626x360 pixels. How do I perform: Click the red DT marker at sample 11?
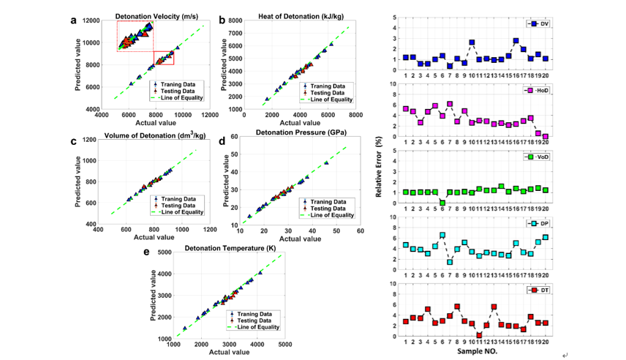coord(479,335)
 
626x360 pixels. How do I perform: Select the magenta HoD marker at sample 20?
coord(546,136)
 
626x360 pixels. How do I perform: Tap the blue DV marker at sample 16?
coord(516,41)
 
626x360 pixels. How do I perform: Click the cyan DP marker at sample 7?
coord(450,262)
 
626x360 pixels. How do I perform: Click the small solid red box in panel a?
coord(163,58)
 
